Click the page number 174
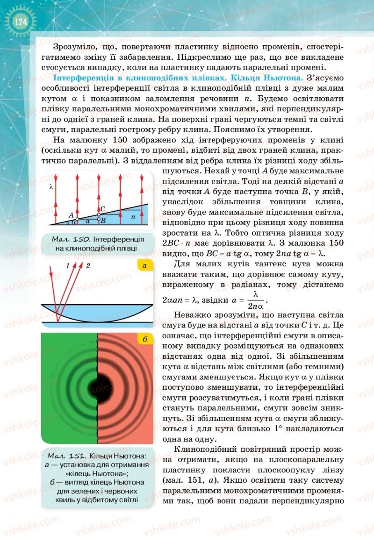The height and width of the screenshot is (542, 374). pyautogui.click(x=20, y=21)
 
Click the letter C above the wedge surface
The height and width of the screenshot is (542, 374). pyautogui.click(x=103, y=208)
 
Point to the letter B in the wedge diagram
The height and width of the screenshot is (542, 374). pyautogui.click(x=104, y=220)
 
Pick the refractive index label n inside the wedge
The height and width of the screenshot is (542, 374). pyautogui.click(x=133, y=217)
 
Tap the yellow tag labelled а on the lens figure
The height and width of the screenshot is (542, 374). pyautogui.click(x=145, y=266)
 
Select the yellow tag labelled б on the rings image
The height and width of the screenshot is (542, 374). pyautogui.click(x=145, y=339)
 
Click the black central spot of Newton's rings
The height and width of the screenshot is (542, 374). pyautogui.click(x=97, y=387)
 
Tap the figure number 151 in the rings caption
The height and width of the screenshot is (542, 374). pyautogui.click(x=77, y=455)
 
